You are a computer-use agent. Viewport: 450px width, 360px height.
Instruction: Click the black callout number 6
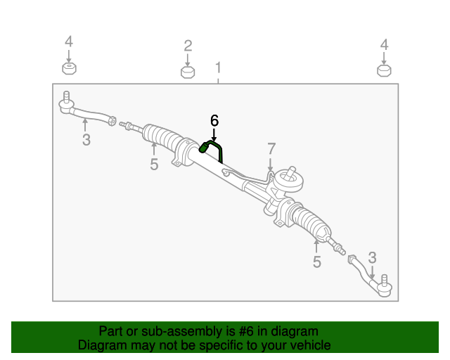[214, 120]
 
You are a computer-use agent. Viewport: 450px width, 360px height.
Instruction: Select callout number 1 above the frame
[218, 68]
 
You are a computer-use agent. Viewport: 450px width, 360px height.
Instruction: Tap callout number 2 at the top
[188, 46]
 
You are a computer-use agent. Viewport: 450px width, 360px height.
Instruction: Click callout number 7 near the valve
[271, 148]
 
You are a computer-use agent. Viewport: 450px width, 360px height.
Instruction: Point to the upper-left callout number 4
[69, 42]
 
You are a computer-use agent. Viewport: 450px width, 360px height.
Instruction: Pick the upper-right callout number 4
[384, 44]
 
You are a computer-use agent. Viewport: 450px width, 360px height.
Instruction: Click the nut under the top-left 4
[69, 68]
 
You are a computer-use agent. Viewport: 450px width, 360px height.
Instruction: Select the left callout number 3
[86, 140]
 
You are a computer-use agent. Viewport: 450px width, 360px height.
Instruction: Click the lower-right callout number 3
[373, 257]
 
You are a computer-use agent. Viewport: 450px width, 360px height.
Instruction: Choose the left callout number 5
[154, 165]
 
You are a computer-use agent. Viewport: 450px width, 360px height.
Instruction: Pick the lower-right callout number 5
[316, 262]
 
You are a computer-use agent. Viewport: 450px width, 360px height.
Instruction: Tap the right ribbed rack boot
[310, 224]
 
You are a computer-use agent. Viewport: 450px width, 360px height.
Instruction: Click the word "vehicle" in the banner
[307, 345]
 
